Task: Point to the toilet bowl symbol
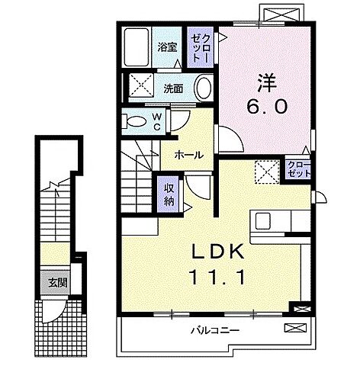click(x=138, y=120)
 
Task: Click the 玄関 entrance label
click(x=48, y=281)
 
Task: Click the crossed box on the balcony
click(x=294, y=328)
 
